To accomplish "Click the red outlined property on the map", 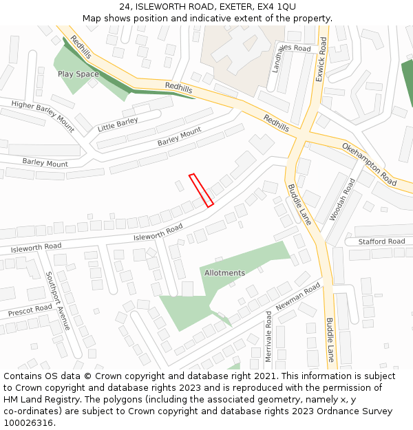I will tap(201, 190).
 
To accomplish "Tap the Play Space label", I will tap(78, 74).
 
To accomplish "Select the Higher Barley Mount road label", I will tap(43, 114).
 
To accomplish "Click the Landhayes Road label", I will tap(291, 58).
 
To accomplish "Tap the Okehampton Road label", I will tap(370, 164).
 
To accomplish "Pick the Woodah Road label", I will tap(342, 199).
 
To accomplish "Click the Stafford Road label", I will tap(381, 241).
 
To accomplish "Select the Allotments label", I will tap(224, 273).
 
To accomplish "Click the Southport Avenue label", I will tap(57, 301).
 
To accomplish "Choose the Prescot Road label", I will tap(30, 311).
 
